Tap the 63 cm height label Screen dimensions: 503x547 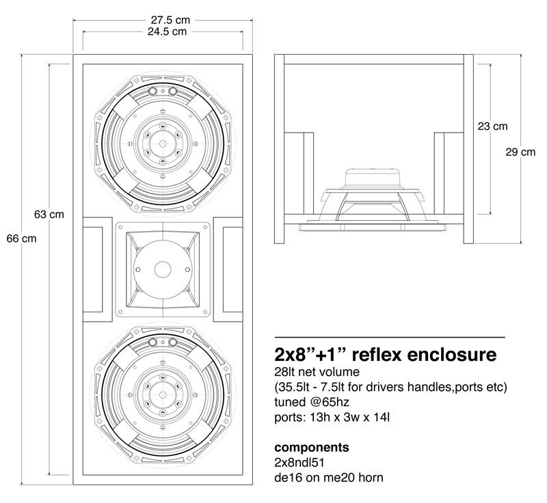point(49,214)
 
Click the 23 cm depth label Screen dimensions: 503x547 point(492,126)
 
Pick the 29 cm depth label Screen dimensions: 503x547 point(520,152)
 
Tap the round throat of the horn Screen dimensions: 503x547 point(162,269)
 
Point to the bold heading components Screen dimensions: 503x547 point(312,448)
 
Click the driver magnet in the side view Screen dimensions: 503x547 point(373,178)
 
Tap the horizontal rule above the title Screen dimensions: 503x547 point(389,338)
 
